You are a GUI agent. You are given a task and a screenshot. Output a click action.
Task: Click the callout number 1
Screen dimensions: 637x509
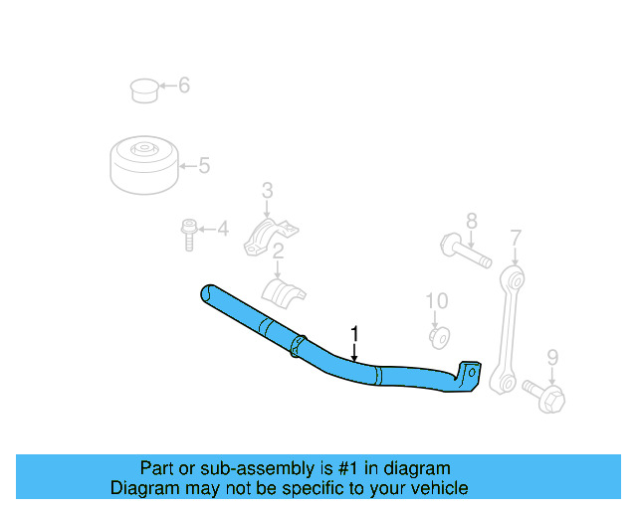353,335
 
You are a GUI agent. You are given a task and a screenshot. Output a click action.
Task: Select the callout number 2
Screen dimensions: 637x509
280,252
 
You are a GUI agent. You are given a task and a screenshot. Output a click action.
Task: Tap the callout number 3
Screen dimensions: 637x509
267,190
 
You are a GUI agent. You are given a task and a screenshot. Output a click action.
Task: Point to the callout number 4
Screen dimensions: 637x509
222,231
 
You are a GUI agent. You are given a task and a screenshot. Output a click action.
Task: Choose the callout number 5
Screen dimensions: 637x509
204,166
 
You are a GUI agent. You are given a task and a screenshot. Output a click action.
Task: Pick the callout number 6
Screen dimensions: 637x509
183,85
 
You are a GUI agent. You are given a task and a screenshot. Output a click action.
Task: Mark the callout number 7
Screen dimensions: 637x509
515,238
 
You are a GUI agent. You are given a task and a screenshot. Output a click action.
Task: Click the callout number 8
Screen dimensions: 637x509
471,221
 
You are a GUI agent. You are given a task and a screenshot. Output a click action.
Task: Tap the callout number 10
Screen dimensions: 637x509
437,300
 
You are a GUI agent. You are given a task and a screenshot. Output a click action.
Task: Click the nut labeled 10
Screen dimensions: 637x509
437,336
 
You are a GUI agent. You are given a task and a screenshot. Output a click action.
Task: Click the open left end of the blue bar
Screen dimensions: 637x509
206,293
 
